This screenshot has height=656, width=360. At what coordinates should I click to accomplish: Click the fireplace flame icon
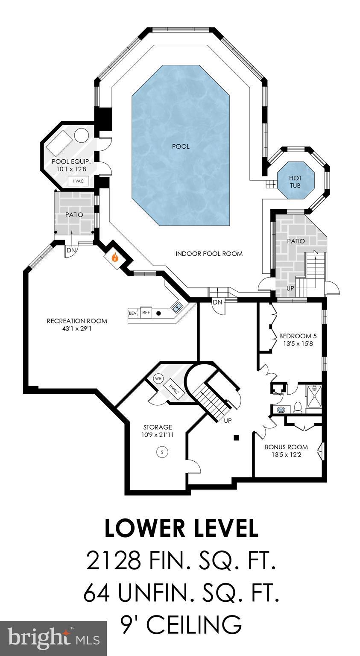[114, 258]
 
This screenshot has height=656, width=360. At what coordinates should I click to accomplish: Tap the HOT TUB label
[295, 181]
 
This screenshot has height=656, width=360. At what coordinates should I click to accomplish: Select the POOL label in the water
[181, 146]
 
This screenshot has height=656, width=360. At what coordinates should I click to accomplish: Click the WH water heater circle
[158, 378]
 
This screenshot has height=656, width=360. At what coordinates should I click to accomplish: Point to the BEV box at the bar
[133, 313]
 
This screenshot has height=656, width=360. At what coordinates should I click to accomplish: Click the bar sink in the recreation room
[177, 306]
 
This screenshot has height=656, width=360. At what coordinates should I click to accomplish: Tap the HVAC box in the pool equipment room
[78, 181]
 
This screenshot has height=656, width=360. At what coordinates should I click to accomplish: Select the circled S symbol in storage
[162, 451]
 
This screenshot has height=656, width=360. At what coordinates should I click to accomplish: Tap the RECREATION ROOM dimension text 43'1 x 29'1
[77, 329]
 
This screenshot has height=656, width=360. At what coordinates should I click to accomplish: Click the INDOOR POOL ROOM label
[209, 254]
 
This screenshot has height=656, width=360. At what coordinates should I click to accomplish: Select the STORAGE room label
[158, 427]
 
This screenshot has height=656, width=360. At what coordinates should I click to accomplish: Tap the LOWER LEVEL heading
[181, 528]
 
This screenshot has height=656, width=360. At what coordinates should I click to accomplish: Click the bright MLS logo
[53, 638]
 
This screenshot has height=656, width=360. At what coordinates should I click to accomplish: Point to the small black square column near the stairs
[236, 437]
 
